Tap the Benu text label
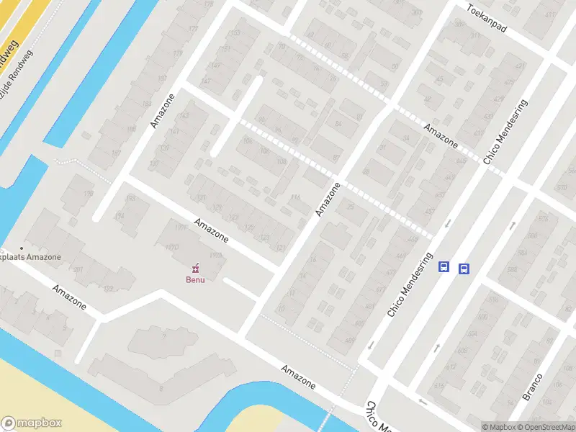point(195,279)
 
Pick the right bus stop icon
point(464,269)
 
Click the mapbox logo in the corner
point(32,423)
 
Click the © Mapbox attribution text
point(497,427)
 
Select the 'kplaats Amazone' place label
point(30,257)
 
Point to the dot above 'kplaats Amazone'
point(22,248)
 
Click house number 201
point(78,270)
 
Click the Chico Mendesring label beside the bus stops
point(408,284)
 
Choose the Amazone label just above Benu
point(211,228)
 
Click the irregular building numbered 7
point(163,336)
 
